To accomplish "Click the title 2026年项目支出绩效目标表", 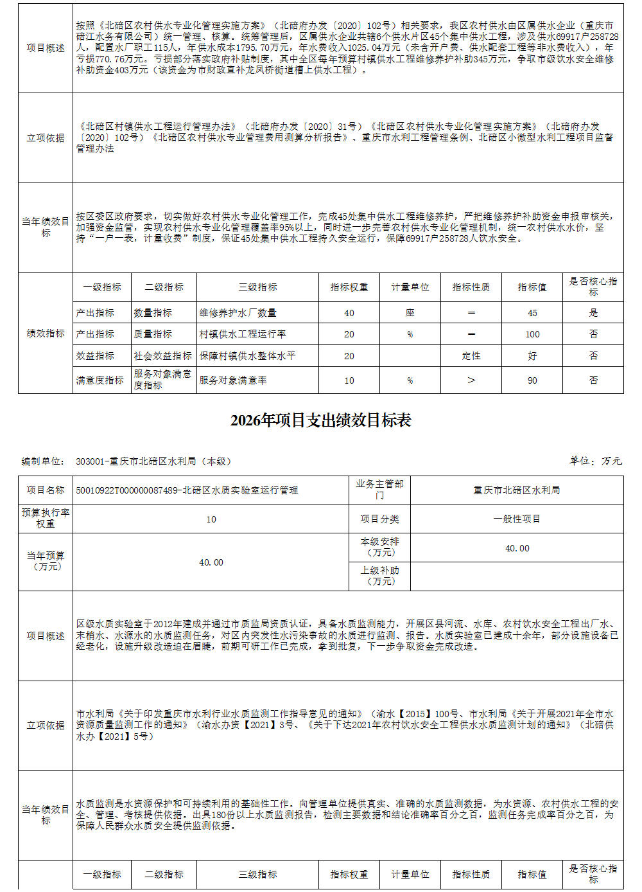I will click(x=321, y=421).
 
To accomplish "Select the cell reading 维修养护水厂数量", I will click(x=238, y=313).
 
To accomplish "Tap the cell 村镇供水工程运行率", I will click(x=243, y=334).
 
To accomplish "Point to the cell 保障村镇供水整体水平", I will click(x=247, y=355).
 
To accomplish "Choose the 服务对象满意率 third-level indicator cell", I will click(x=233, y=380).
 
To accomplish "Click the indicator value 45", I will click(x=532, y=313).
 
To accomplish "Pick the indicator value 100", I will click(x=532, y=334).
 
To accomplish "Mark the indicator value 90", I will click(x=532, y=380).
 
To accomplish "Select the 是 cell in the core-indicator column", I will click(x=593, y=313).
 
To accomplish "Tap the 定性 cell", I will click(x=471, y=355).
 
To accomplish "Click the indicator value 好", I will click(x=532, y=355).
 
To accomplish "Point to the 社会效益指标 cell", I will click(x=163, y=355).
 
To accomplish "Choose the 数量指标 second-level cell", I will click(x=153, y=313).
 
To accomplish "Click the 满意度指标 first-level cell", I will click(x=100, y=380).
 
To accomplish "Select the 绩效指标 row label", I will click(x=46, y=334).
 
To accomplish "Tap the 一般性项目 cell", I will click(x=517, y=519).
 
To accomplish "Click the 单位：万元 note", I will click(x=596, y=461).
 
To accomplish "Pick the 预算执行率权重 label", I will click(x=46, y=518).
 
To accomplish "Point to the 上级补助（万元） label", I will click(x=380, y=576).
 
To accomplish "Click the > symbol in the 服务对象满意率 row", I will click(x=471, y=380).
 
